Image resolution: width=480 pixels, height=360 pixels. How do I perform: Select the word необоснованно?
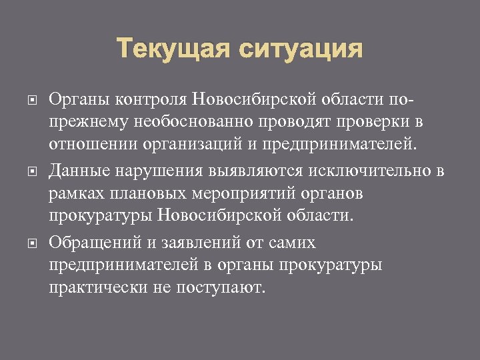click(x=176, y=123)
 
